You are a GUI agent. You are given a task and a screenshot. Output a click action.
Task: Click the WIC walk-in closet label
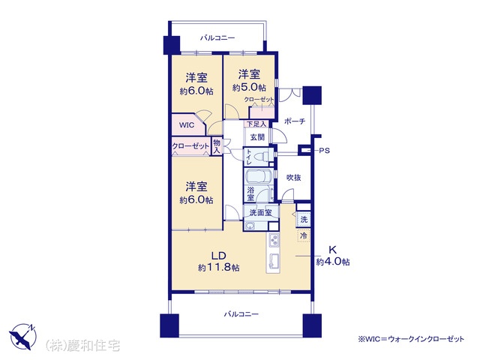coord(187,125)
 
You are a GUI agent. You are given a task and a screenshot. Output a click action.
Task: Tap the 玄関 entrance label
coord(257,137)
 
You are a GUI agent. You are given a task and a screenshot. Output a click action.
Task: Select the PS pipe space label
coord(324,151)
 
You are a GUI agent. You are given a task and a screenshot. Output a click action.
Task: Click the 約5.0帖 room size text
coord(249,88)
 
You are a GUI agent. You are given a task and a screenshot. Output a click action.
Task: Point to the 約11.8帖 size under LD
coord(218,267)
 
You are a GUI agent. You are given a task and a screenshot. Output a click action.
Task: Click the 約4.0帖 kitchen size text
coord(333,262)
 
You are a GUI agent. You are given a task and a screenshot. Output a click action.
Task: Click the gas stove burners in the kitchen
coord(274,240)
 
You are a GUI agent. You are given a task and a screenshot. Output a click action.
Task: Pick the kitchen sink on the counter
coord(274,261)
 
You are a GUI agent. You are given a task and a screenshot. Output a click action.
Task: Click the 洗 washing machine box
coord(303,219)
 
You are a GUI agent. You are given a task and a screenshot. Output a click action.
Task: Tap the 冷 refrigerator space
coord(304,235)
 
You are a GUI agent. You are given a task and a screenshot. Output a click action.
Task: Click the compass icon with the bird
coord(23,337)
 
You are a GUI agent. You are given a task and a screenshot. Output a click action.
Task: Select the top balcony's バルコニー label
coord(217,38)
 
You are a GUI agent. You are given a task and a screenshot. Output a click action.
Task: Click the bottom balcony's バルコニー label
coord(241,314)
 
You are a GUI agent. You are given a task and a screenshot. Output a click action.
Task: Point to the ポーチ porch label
coord(295,121)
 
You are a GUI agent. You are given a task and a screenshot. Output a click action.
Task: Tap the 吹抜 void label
coord(293,178)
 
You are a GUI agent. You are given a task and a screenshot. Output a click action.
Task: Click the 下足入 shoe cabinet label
coord(256,124)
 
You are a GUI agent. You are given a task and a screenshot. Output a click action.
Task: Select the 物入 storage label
coord(217,146)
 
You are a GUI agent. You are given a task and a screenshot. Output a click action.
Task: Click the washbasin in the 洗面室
coord(250,226)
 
